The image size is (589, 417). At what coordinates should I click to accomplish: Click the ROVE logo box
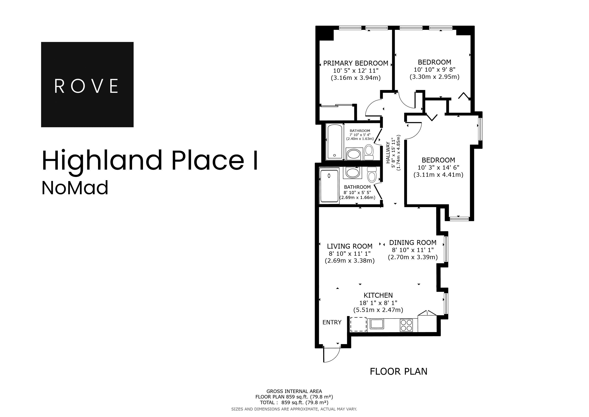click(x=87, y=84)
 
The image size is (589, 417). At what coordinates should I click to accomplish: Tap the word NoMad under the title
click(x=75, y=188)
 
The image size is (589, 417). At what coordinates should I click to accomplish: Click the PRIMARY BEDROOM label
click(x=356, y=63)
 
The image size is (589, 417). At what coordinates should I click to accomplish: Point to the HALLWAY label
click(x=388, y=153)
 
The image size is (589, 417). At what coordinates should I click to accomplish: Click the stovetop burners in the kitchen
click(x=406, y=325)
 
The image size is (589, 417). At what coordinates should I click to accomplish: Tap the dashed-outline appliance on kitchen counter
click(x=358, y=324)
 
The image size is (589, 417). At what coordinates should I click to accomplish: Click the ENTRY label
click(x=332, y=322)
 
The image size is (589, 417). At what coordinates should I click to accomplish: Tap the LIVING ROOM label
click(x=349, y=246)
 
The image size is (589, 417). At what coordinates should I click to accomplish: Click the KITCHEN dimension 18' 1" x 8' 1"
click(x=378, y=303)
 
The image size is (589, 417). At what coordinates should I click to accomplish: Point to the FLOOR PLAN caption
click(x=398, y=372)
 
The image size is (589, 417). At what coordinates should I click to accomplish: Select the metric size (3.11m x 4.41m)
click(x=438, y=175)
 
